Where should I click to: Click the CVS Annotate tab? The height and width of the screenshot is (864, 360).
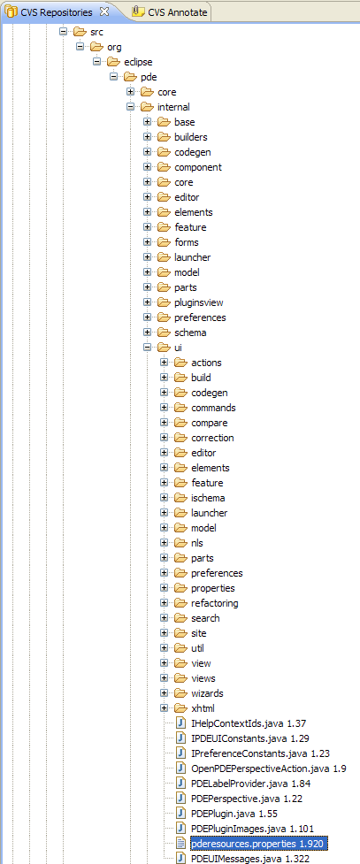170,11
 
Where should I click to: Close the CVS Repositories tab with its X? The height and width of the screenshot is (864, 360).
104,11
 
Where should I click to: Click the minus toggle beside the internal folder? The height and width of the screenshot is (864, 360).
130,107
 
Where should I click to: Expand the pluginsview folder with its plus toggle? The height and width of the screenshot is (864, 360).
147,302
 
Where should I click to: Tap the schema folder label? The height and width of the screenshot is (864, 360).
190,333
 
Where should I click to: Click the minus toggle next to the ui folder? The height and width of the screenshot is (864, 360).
147,348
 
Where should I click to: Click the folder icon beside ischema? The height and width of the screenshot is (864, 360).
180,498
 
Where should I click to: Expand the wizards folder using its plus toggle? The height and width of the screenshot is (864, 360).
164,693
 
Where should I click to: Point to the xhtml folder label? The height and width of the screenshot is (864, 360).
203,708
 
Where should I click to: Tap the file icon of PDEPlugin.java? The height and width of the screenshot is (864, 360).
181,813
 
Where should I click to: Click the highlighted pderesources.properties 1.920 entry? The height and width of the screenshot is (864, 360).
259,843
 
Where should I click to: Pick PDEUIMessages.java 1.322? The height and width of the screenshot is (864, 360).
247,859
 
